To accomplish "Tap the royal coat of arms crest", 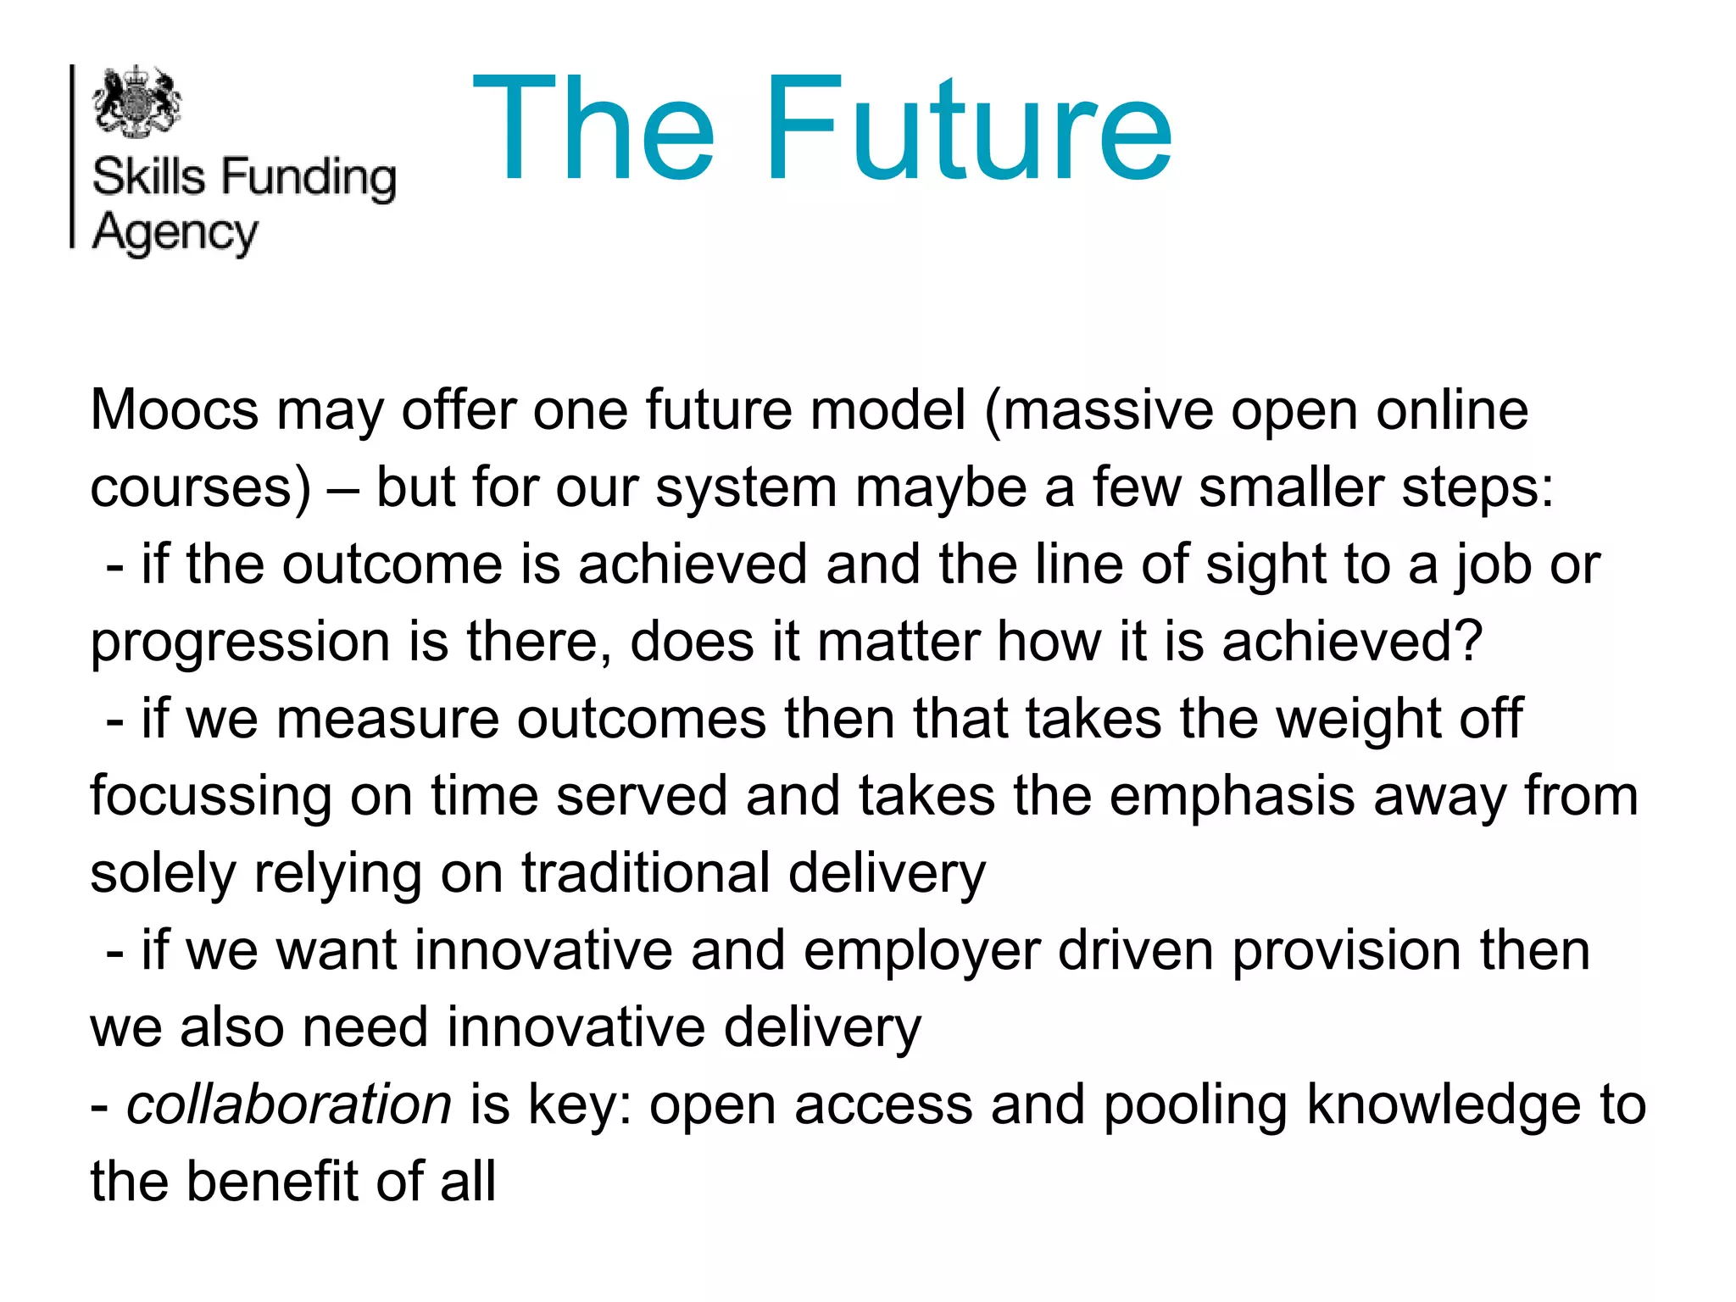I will [137, 102].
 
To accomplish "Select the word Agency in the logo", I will [175, 233].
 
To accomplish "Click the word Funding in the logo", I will [309, 178].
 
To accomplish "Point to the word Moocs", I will [175, 411].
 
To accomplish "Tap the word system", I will [746, 488].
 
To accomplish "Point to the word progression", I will [240, 643].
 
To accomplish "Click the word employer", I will [921, 951].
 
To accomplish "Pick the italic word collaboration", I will [289, 1105].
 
